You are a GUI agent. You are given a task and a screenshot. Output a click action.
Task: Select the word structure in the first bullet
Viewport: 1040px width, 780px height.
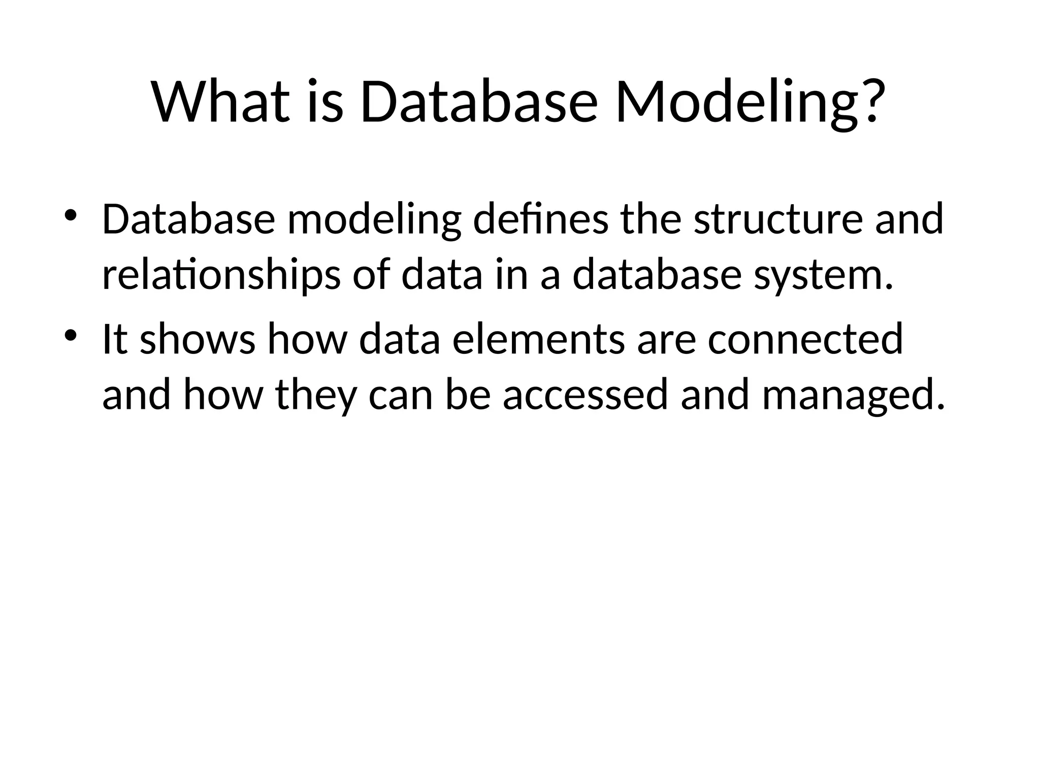click(x=777, y=219)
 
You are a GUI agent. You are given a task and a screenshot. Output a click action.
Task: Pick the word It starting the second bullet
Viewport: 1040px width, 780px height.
click(x=114, y=339)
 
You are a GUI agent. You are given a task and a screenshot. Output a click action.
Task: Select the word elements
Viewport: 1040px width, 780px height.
click(x=538, y=339)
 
